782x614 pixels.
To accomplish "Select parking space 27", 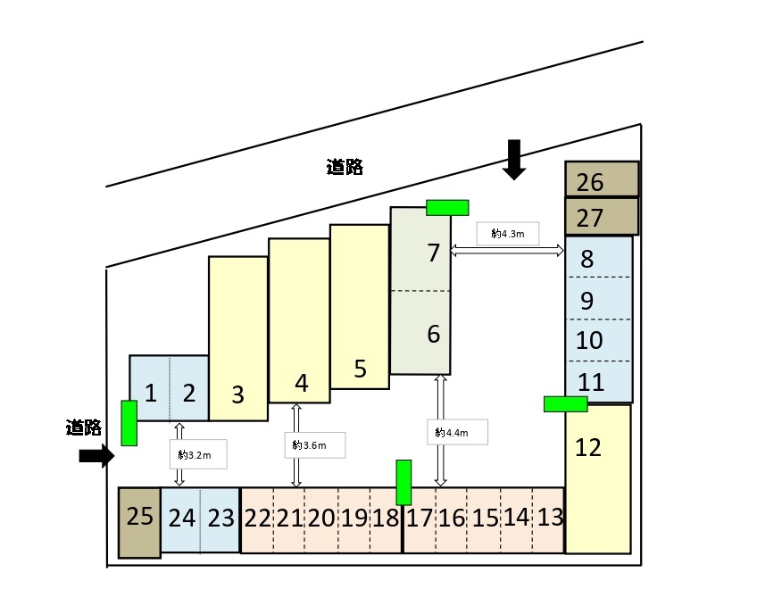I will [x=602, y=217].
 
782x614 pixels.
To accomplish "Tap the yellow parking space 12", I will [x=598, y=477].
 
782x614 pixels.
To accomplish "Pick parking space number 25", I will [x=139, y=522].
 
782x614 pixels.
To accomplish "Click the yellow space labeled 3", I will [x=238, y=339].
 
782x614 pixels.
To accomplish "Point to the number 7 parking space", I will [x=420, y=254].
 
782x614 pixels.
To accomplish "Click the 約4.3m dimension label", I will [x=508, y=235].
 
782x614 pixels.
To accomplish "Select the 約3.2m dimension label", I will [x=195, y=455].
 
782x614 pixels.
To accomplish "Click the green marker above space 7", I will [x=447, y=207].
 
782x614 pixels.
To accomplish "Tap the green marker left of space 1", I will [x=129, y=423].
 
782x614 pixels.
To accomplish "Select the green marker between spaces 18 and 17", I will [x=403, y=482].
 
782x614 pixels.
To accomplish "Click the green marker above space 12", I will [x=565, y=403].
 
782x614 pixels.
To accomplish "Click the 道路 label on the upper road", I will [x=345, y=167].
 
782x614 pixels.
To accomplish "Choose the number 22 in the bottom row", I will [x=257, y=518].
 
